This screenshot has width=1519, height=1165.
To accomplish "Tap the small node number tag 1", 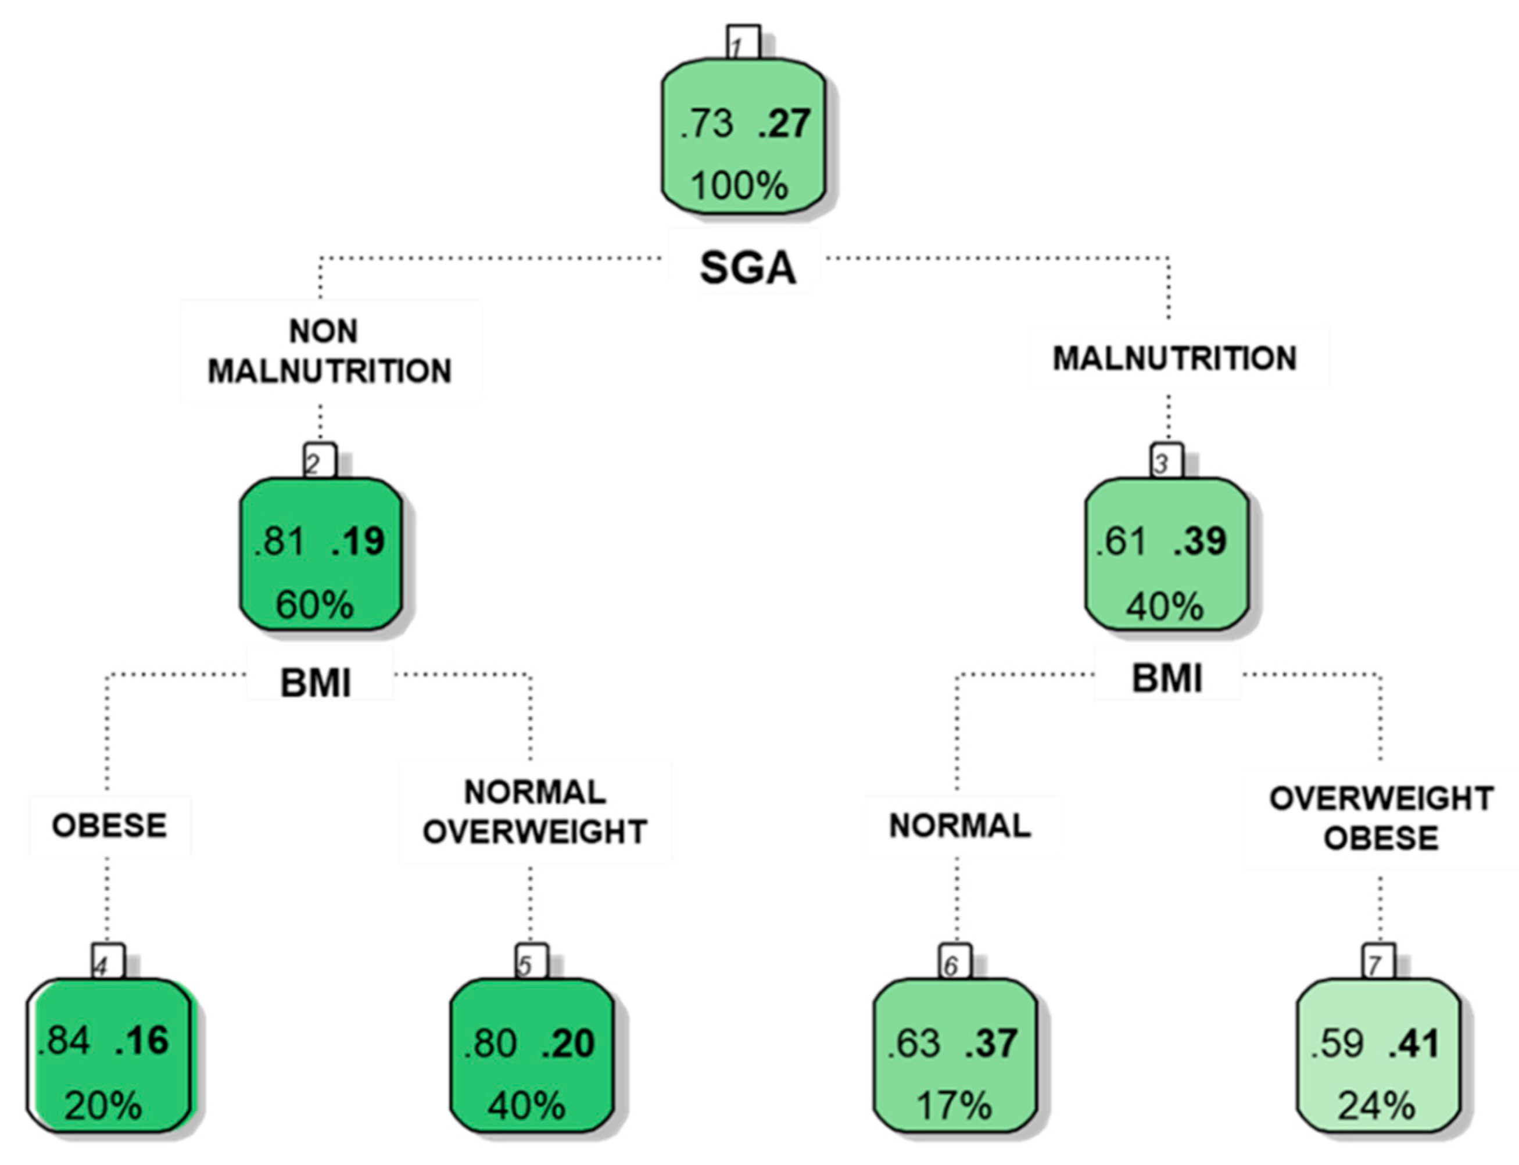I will [x=743, y=44].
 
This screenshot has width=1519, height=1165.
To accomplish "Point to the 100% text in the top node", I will [x=739, y=186].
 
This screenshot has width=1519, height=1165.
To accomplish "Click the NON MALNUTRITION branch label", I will [x=329, y=351].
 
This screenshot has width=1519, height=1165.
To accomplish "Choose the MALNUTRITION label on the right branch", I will [x=1174, y=359].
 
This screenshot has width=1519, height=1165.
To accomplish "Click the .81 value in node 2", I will [x=279, y=541].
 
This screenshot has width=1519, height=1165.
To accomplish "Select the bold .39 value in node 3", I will [x=1200, y=541].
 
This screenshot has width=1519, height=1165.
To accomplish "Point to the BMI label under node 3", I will [x=1167, y=678].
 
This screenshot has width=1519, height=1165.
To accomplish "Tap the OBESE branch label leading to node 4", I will [x=110, y=825].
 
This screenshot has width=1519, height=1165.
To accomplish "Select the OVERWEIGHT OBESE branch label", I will [x=1381, y=818].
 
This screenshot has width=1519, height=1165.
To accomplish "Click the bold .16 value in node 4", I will [x=142, y=1040].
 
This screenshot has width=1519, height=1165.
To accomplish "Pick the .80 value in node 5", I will [x=490, y=1043].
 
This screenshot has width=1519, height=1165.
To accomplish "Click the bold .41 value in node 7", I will [x=1414, y=1043].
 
